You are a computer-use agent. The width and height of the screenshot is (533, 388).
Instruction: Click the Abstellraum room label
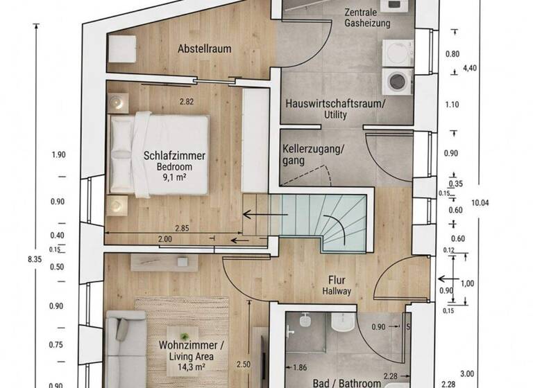click(x=204, y=49)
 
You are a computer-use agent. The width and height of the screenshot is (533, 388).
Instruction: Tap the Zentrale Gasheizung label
click(x=367, y=18)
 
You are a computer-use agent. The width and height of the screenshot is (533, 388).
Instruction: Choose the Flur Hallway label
click(x=337, y=286)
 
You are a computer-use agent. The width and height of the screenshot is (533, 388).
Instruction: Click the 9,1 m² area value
click(x=176, y=177)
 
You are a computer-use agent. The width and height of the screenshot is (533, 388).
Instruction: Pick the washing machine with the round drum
click(x=398, y=80)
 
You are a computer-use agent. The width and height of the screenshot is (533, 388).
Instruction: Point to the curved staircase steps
click(x=333, y=222)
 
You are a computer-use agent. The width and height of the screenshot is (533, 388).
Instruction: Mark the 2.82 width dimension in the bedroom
click(x=187, y=102)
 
